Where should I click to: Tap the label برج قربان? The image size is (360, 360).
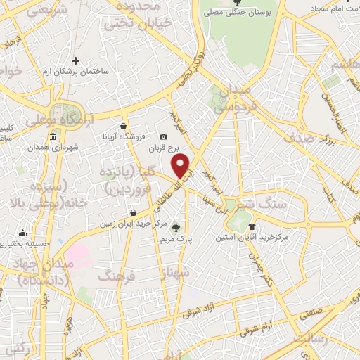pyautogui.click(x=164, y=148)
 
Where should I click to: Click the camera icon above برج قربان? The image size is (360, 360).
pyautogui.click(x=164, y=136)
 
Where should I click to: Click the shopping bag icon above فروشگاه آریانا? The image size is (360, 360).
pyautogui.click(x=124, y=126)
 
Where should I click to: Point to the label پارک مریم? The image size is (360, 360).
pyautogui.click(x=175, y=238)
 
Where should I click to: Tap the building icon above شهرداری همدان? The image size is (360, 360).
pyautogui.click(x=55, y=136)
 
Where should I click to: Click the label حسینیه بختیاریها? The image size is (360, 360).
pyautogui.click(x=23, y=244)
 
